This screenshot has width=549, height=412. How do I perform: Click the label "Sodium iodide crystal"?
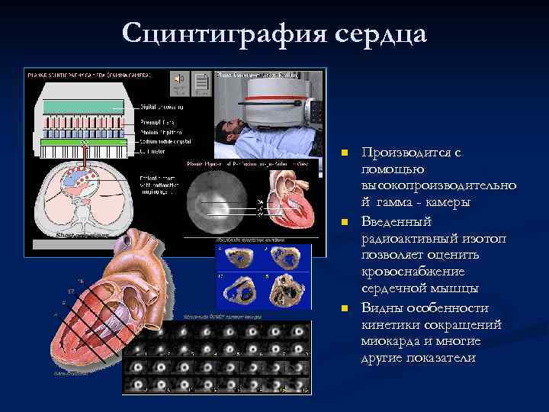[166, 141]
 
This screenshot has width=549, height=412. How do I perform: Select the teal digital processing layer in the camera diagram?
[84, 107]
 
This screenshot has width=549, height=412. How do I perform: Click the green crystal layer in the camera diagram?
[84, 141]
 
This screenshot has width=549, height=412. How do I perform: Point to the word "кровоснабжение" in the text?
[406, 272]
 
